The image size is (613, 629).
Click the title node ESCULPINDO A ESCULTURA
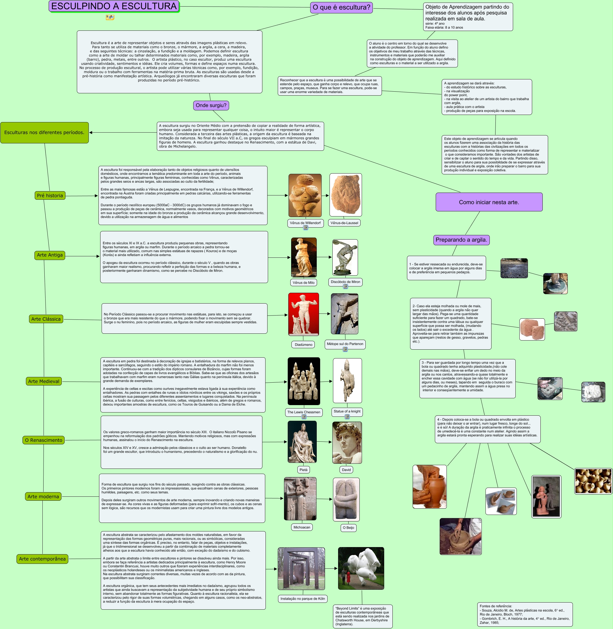click(x=114, y=6)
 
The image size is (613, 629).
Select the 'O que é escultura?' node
click(x=341, y=7)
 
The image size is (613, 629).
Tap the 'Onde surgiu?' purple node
click(x=211, y=105)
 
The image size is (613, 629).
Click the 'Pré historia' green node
click(x=50, y=195)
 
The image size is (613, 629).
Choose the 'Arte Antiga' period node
click(x=50, y=255)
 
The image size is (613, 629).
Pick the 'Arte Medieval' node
click(x=44, y=381)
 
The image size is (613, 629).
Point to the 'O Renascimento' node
click(x=44, y=440)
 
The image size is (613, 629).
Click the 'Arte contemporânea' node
click(x=42, y=559)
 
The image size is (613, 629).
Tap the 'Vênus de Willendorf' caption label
click(x=305, y=223)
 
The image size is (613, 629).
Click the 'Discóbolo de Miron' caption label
click(x=345, y=282)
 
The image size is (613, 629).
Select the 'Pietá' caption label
click(x=303, y=470)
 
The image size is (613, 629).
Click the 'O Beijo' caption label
click(x=348, y=528)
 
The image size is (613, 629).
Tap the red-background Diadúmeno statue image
click(x=304, y=314)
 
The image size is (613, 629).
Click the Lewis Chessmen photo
click(x=304, y=381)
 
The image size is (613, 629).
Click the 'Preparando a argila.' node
click(x=461, y=240)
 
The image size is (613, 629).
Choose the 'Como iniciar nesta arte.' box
click(x=489, y=202)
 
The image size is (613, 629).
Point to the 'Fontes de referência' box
click(x=525, y=614)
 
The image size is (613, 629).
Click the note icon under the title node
click(x=110, y=17)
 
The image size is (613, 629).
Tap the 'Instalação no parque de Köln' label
click(x=303, y=599)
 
